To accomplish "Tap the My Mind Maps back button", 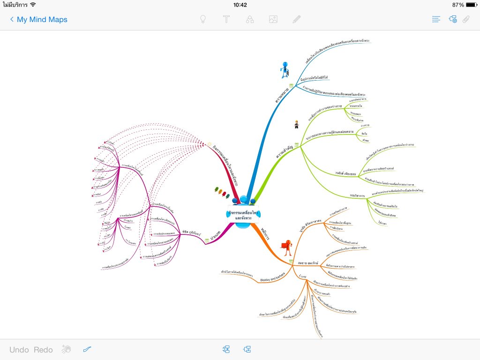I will point(38,20).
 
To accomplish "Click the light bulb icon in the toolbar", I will point(203,19).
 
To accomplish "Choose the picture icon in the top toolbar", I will point(273,19).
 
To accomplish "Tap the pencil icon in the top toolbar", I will point(297,19).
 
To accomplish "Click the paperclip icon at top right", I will point(466,19).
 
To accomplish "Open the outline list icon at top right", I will point(436,19).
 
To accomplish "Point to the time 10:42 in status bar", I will point(240,5).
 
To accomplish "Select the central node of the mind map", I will point(243,215).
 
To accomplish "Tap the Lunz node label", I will point(302,277).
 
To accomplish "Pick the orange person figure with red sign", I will point(285,246).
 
